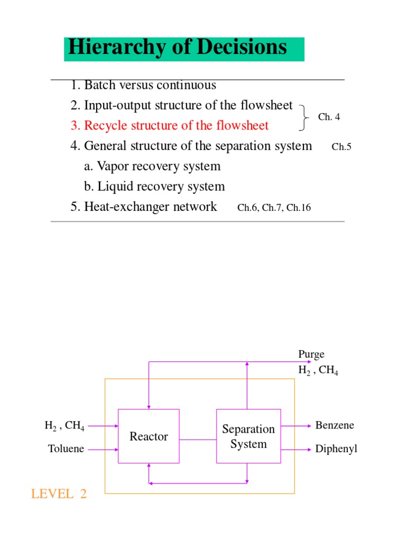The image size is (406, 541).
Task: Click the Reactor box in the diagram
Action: pos(149,436)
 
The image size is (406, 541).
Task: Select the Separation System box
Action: pos(248,436)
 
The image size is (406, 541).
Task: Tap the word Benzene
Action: pos(335,425)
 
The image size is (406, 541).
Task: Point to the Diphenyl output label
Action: pos(336,449)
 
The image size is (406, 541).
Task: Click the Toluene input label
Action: pos(66,449)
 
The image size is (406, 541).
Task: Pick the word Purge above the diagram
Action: pos(311,354)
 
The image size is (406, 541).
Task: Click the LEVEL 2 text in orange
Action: pos(59,494)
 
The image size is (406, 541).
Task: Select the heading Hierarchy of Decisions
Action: pos(178,48)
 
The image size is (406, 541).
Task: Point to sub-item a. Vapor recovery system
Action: pos(152,166)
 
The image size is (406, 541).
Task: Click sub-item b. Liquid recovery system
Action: pos(154,186)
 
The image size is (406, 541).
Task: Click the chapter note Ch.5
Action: pos(342,147)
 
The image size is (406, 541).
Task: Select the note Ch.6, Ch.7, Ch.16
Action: pos(274,208)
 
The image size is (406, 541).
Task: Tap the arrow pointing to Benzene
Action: pos(296,425)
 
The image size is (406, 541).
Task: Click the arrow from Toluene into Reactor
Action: pos(103,449)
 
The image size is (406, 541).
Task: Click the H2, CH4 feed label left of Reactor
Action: pos(64,425)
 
